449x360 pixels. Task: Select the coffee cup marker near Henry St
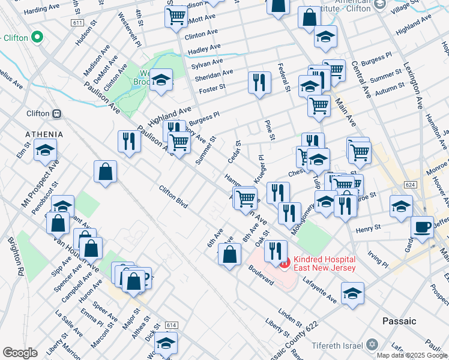point(422,227)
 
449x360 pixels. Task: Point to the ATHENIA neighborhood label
point(44,133)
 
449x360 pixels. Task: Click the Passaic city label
point(399,321)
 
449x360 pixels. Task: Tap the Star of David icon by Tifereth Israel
point(372,345)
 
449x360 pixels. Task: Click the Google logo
point(20,353)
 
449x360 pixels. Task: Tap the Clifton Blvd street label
point(173,197)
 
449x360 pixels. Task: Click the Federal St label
point(284,77)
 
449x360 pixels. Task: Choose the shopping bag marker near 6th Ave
point(230,254)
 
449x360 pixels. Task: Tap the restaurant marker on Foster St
point(259,82)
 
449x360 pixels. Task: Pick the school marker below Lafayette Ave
point(352,293)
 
